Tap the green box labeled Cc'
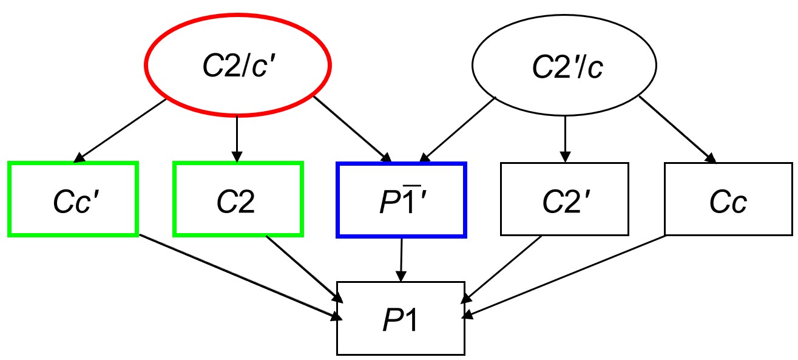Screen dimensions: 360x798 (73, 199)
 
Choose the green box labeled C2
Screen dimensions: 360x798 (237, 199)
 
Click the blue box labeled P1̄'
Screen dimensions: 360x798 (401, 199)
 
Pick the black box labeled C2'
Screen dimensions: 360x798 (565, 199)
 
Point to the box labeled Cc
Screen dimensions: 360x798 (728, 199)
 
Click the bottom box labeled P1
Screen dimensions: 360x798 (401, 318)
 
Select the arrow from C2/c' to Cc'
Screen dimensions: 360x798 (121, 131)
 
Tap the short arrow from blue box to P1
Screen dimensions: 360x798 (401, 259)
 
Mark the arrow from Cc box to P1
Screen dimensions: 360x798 (564, 276)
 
